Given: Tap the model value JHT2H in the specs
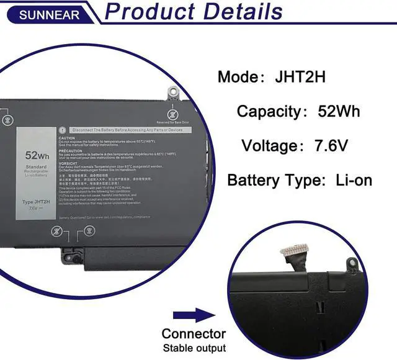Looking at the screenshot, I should pyautogui.click(x=300, y=78).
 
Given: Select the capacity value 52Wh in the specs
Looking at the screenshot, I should pyautogui.click(x=339, y=112).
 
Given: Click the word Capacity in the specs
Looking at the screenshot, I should pyautogui.click(x=269, y=112).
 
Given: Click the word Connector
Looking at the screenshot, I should pyautogui.click(x=194, y=334).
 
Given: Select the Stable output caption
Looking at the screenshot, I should pyautogui.click(x=194, y=348).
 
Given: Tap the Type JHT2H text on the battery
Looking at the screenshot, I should pyautogui.click(x=36, y=202).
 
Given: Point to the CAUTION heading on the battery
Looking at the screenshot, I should pyautogui.click(x=67, y=138).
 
